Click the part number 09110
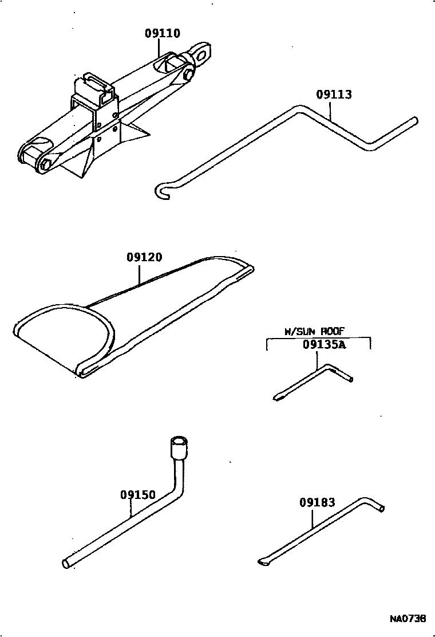pos(162,33)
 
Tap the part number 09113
pos(334,95)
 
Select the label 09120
pos(144,258)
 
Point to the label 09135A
pos(325,345)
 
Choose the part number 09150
pos(138,494)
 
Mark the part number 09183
pos(317,502)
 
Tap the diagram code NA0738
pos(408,619)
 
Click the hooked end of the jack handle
pos(161,192)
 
